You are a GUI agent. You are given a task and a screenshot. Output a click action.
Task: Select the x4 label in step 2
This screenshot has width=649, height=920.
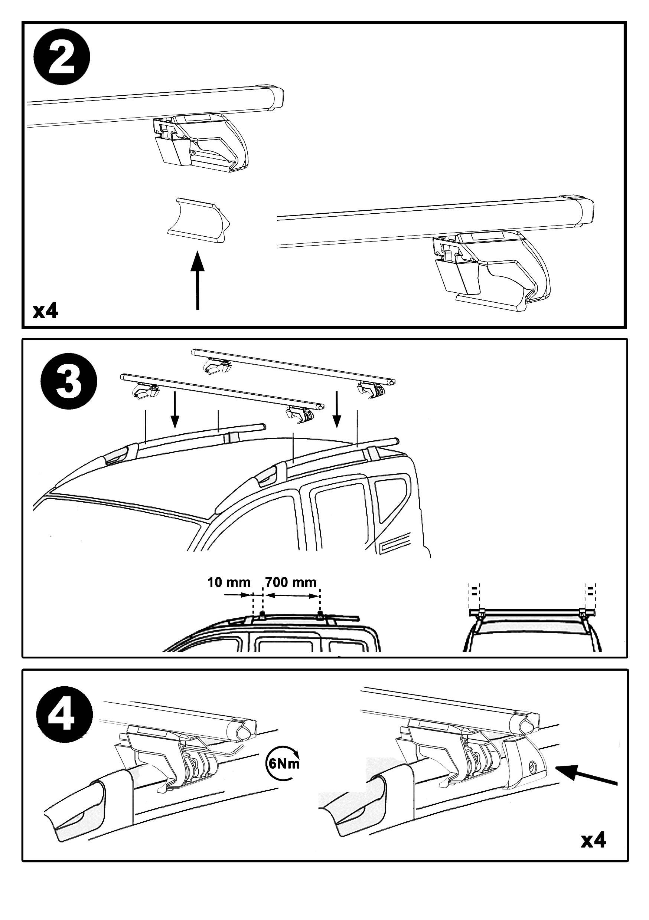pyautogui.click(x=45, y=311)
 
